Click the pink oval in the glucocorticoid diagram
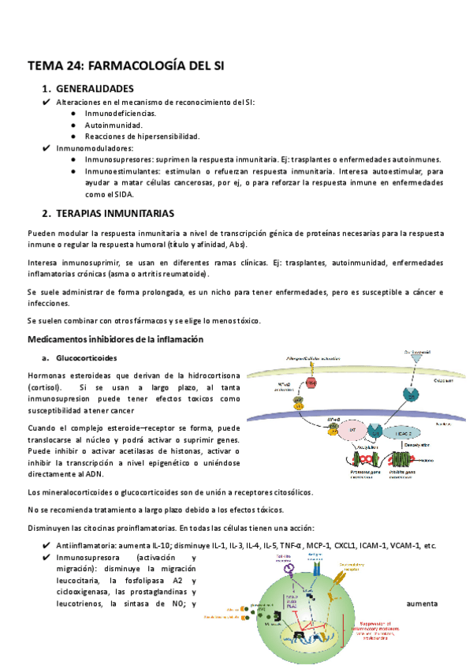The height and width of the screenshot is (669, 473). click(x=312, y=383)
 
